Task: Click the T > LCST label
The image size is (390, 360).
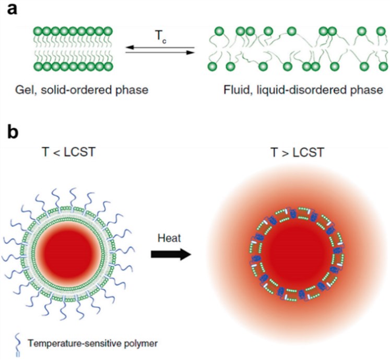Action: tap(295, 154)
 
